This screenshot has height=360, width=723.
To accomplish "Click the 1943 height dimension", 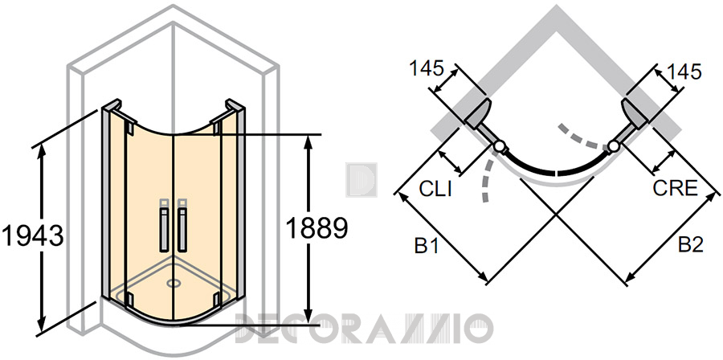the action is [32, 236].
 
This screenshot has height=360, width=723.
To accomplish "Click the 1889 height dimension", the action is [317, 228].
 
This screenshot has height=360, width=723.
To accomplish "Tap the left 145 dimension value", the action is [427, 68].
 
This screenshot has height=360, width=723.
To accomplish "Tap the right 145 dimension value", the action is [684, 72].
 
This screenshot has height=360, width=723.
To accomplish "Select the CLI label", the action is [435, 189].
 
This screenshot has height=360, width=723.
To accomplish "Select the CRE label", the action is [675, 188].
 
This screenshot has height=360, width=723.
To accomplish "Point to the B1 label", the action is [427, 246].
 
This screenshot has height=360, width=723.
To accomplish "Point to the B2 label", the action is [691, 245].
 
